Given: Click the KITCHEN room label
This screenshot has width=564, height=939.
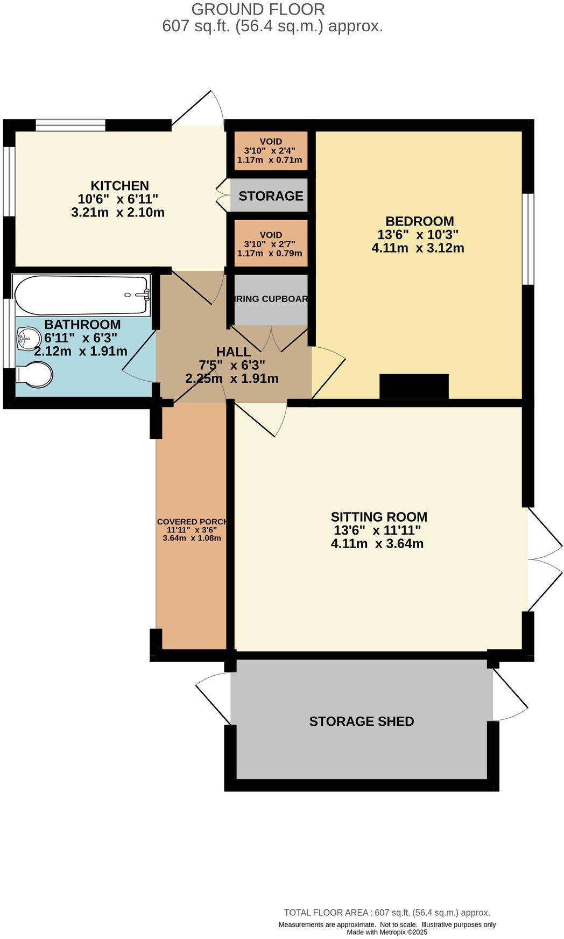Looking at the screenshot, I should click(119, 186).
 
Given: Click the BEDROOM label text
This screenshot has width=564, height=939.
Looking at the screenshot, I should click(419, 221).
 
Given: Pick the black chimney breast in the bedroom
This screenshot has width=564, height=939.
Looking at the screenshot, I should click(414, 386).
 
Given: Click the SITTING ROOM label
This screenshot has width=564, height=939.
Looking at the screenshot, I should click(379, 517).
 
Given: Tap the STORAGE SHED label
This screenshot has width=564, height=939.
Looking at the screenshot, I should click(361, 721).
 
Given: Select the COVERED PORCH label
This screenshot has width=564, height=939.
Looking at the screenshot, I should click(192, 522).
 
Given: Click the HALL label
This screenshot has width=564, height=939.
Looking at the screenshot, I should click(233, 352).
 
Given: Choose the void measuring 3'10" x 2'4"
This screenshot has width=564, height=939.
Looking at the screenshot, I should click(270, 151).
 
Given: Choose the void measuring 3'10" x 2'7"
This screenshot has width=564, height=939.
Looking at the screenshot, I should click(270, 244).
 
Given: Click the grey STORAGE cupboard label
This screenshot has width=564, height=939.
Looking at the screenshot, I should click(271, 196).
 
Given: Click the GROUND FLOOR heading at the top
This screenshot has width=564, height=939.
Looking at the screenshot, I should click(258, 9).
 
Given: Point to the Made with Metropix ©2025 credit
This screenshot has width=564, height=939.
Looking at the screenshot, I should click(386, 932).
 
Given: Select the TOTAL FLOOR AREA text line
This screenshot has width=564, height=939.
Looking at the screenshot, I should click(386, 913).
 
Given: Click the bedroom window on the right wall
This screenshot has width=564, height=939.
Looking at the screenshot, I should click(530, 239).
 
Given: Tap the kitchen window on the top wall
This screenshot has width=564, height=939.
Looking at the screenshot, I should click(70, 125).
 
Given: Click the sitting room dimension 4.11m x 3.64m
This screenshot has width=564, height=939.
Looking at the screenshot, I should click(377, 543).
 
